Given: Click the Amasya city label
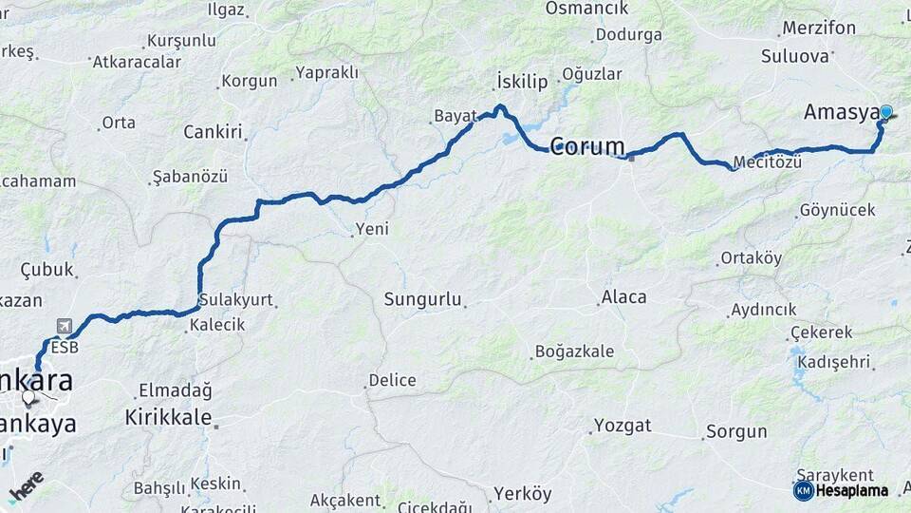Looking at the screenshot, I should click(x=840, y=113).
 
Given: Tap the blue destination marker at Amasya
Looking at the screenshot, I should click(x=886, y=112).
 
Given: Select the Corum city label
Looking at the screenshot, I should click(x=587, y=147).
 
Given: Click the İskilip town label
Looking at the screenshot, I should click(x=522, y=82).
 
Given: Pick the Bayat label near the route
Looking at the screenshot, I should click(x=455, y=116).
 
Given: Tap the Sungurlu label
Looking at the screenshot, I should click(x=422, y=300).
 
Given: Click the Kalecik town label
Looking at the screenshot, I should click(x=217, y=325).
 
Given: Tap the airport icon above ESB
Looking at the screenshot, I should click(x=64, y=326).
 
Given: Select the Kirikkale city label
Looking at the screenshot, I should click(x=168, y=418).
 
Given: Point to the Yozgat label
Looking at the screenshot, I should click(x=622, y=425).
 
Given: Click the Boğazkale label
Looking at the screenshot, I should click(x=574, y=351).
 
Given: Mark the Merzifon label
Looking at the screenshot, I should click(x=818, y=28).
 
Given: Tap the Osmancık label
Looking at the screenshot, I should click(x=586, y=9).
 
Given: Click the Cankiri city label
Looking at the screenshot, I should click(x=213, y=132).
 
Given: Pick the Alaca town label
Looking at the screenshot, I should click(x=623, y=297).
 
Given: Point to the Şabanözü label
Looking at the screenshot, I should click(x=190, y=178).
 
